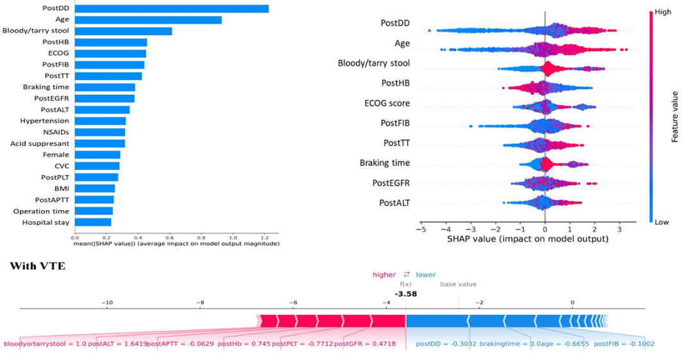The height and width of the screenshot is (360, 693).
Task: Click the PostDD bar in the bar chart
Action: (x=172, y=8)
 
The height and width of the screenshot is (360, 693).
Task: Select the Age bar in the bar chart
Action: (x=148, y=20)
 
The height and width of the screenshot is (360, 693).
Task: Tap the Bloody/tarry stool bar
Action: (x=123, y=31)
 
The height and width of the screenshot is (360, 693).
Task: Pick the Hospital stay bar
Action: (x=93, y=222)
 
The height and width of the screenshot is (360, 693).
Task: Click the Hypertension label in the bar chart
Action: (x=37, y=120)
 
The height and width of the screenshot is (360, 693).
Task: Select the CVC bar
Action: (x=97, y=166)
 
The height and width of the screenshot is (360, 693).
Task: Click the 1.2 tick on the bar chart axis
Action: (x=263, y=237)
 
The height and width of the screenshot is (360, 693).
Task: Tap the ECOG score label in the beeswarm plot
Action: (x=387, y=103)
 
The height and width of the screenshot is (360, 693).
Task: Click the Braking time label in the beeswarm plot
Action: (x=386, y=163)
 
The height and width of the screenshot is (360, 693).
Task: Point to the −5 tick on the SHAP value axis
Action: (x=421, y=229)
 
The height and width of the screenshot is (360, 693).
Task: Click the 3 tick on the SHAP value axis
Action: (x=619, y=229)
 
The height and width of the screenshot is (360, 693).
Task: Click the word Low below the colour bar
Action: (x=662, y=221)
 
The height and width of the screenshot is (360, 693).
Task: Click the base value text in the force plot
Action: (x=458, y=284)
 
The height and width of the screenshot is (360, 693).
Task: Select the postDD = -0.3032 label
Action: (x=442, y=344)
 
